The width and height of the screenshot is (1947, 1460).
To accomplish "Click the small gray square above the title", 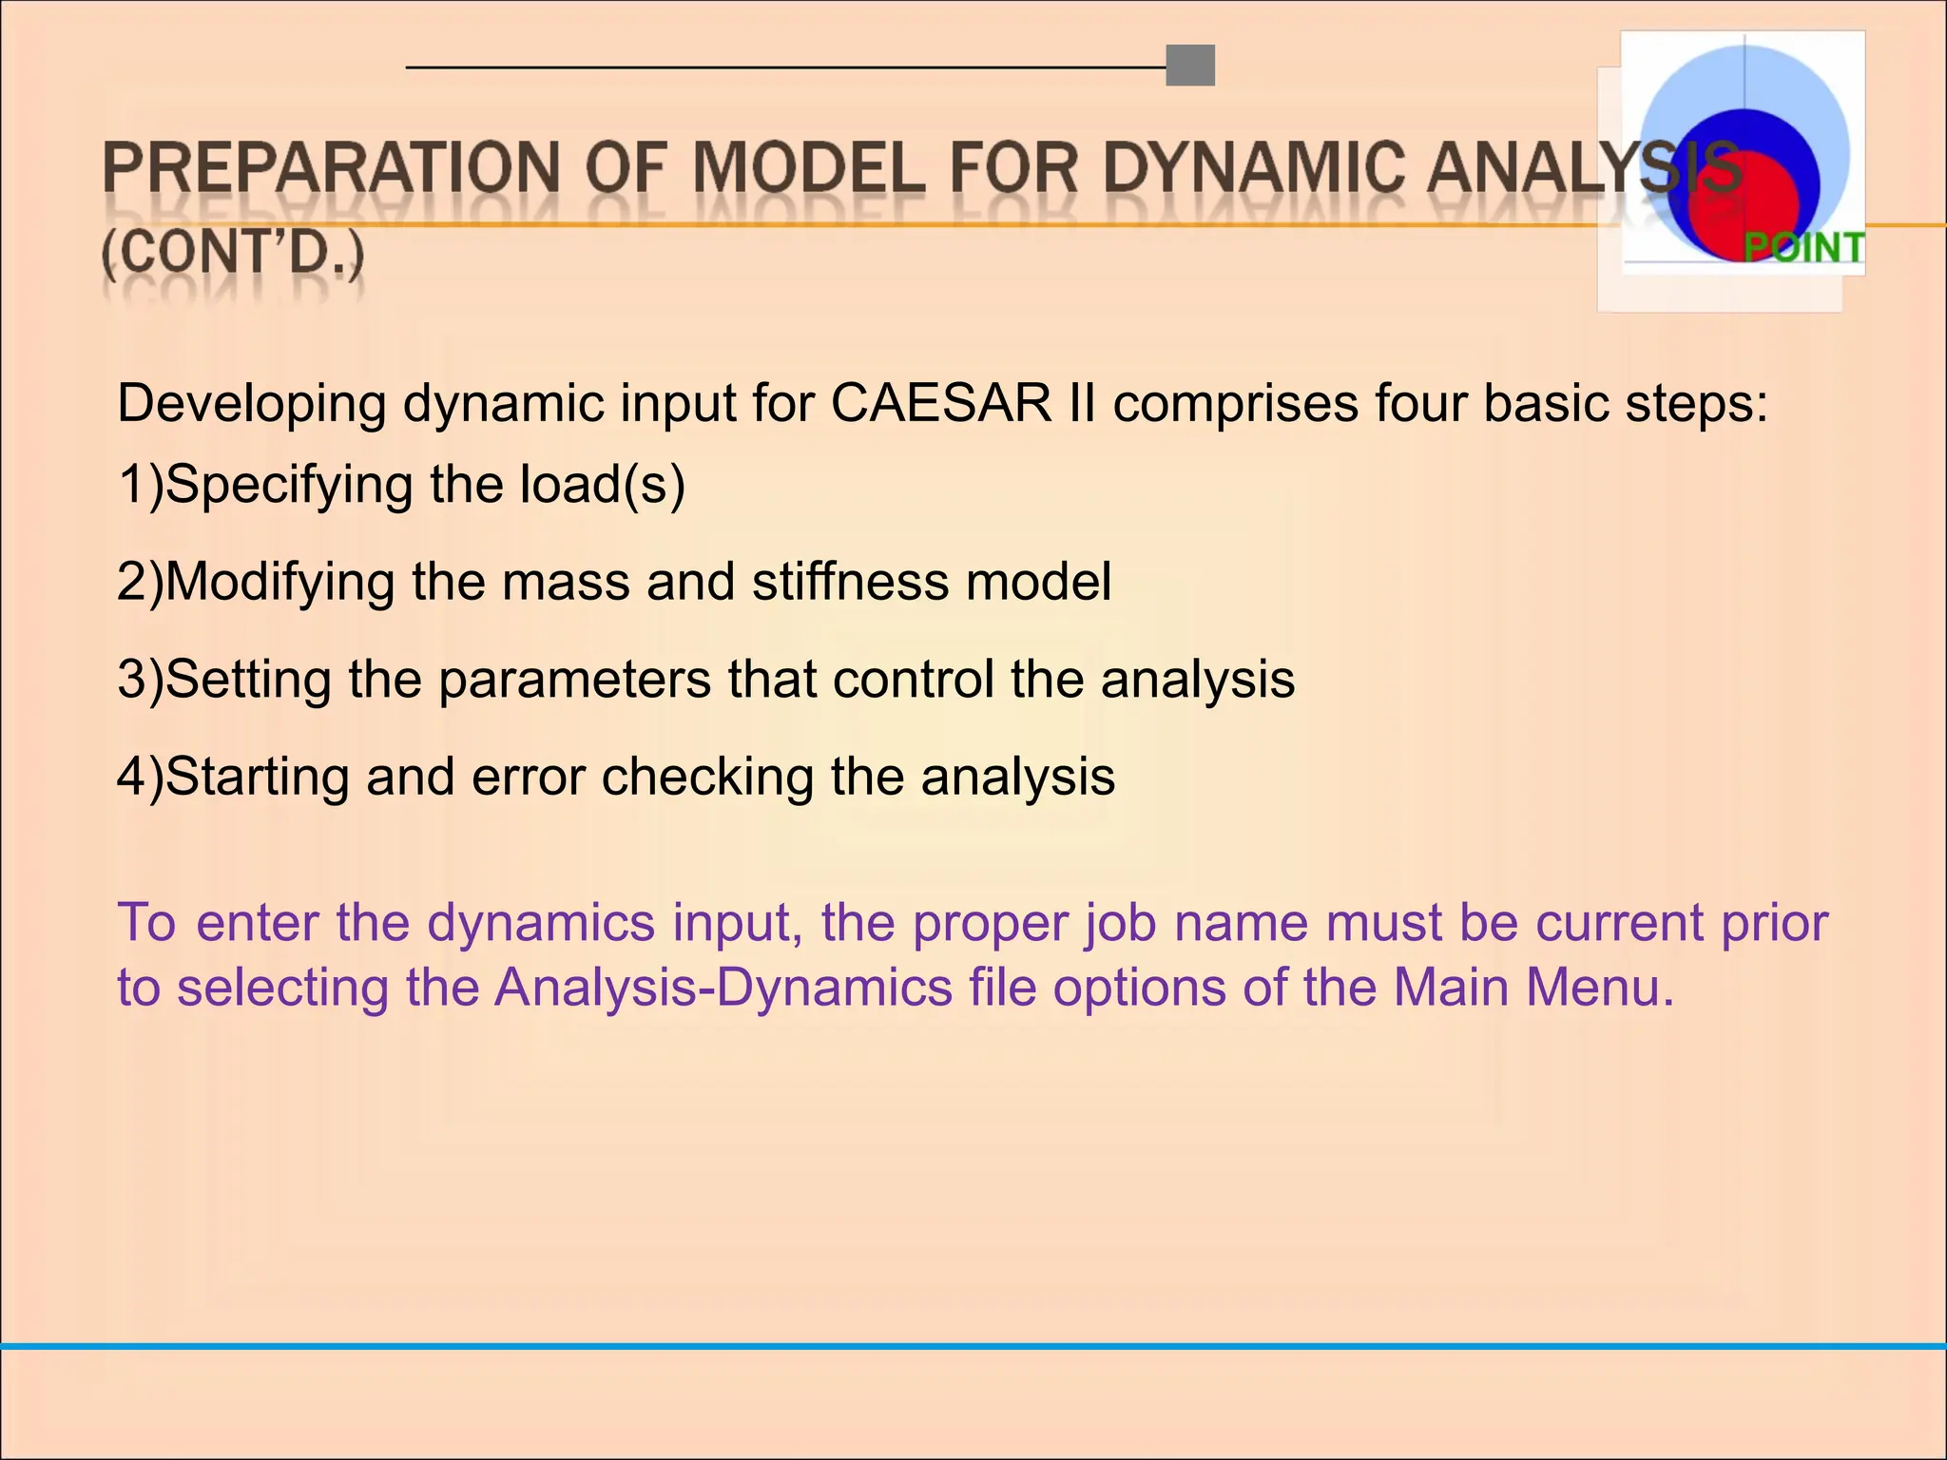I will [x=1190, y=66].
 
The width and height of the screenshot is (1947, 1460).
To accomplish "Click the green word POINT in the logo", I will [x=1803, y=248].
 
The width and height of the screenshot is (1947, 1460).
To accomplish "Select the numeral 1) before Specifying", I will [x=140, y=484].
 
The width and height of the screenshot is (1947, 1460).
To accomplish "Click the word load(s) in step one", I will [x=602, y=484].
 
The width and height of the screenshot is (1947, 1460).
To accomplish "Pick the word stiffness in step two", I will [x=850, y=581].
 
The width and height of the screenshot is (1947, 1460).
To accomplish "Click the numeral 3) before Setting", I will [x=140, y=679].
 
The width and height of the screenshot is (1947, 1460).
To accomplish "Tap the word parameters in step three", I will [x=574, y=679].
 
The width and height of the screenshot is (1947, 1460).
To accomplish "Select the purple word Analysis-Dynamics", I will [x=723, y=987].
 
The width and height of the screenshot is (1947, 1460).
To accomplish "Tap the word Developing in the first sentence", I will [x=251, y=403].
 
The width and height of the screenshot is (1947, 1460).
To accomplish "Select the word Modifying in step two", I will [x=279, y=581].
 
